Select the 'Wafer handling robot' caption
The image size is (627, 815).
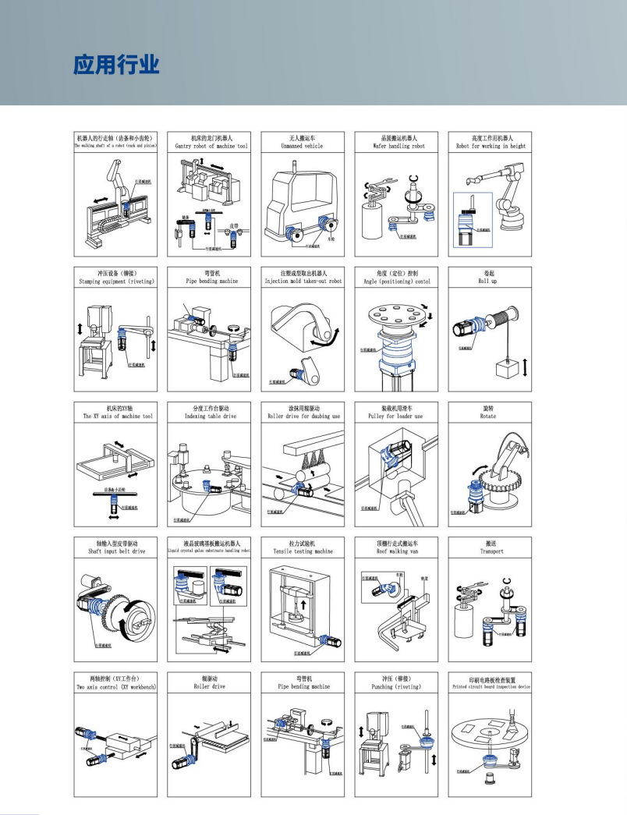pyautogui.click(x=397, y=146)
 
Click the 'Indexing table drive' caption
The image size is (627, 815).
pyautogui.click(x=210, y=416)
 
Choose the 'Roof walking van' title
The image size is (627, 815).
pyautogui.click(x=397, y=551)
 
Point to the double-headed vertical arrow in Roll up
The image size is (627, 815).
pyautogui.click(x=525, y=366)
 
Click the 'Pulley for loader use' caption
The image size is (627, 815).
pyautogui.click(x=397, y=416)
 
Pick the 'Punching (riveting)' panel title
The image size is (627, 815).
pyautogui.click(x=397, y=687)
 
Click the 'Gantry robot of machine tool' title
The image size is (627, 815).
pyautogui.click(x=210, y=146)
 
